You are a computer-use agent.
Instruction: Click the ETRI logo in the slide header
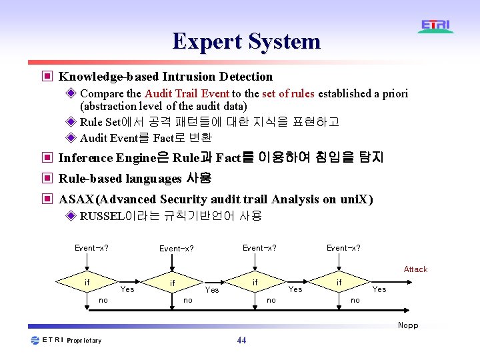pos(436,27)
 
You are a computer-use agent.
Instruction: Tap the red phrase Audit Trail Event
pos(187,94)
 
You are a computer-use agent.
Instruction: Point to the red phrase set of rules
pos(288,94)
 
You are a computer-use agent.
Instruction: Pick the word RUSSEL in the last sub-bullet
pos(97,216)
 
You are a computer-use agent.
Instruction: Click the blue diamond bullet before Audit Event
pos(71,138)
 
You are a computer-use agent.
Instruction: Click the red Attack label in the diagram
pos(415,269)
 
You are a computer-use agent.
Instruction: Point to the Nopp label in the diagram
pos(408,325)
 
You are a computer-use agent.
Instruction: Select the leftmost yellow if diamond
pos(87,283)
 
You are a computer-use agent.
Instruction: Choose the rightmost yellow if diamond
pos(339,283)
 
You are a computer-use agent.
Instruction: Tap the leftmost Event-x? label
pos(92,248)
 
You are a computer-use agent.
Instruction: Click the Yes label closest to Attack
pos(379,289)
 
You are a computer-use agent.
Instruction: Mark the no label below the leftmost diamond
pos(103,301)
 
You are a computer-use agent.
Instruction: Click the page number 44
pos(241,341)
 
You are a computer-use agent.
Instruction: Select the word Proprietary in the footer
pos(84,341)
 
